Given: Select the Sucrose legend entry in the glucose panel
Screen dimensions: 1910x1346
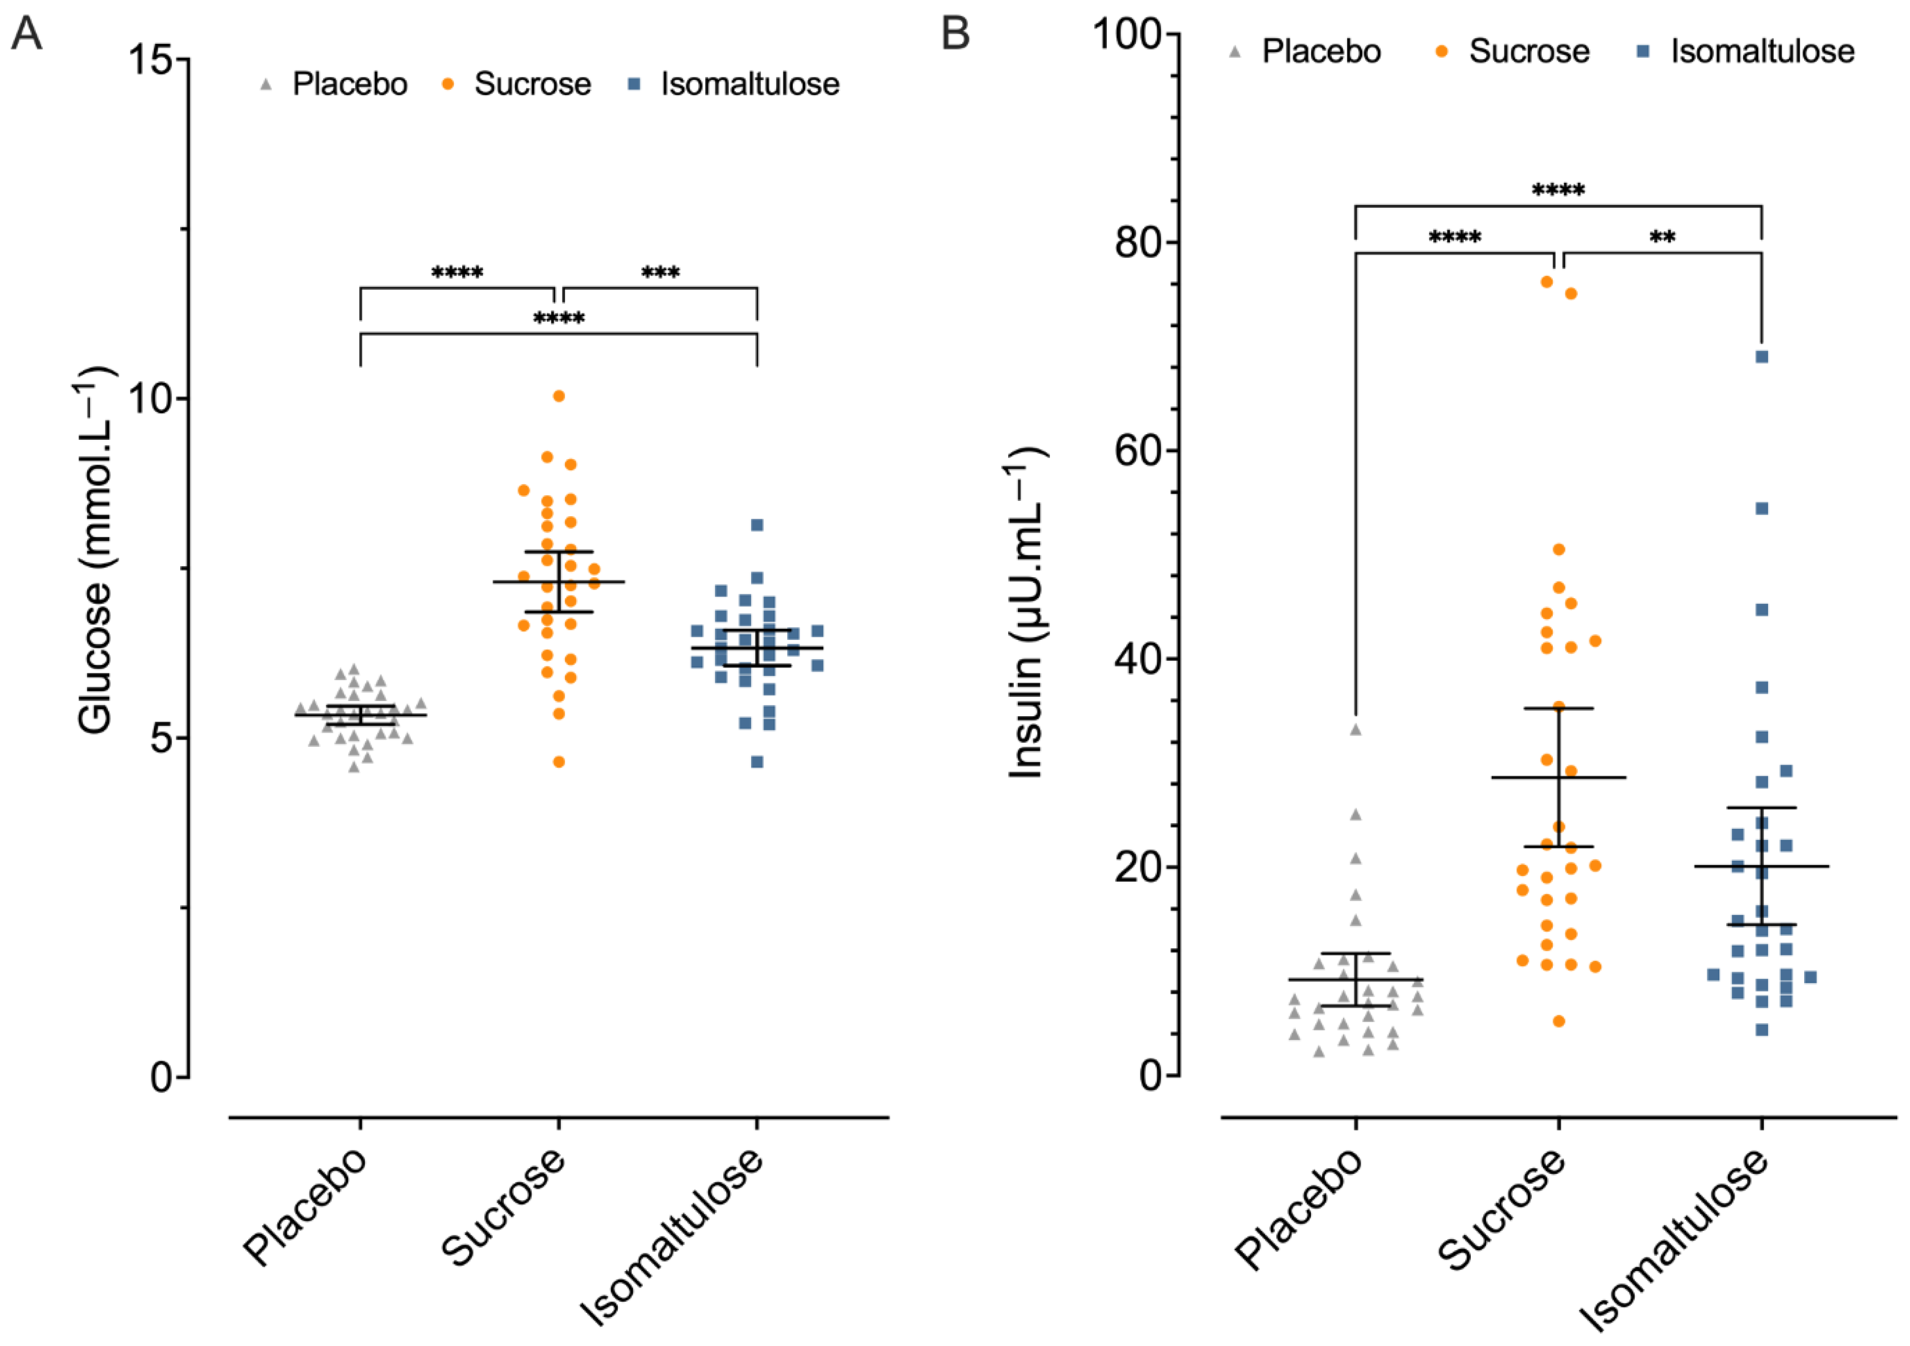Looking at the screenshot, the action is [518, 84].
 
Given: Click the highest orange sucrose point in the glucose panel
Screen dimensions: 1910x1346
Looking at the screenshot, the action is [559, 396].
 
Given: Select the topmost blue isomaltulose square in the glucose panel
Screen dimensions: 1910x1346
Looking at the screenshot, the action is [757, 525].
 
